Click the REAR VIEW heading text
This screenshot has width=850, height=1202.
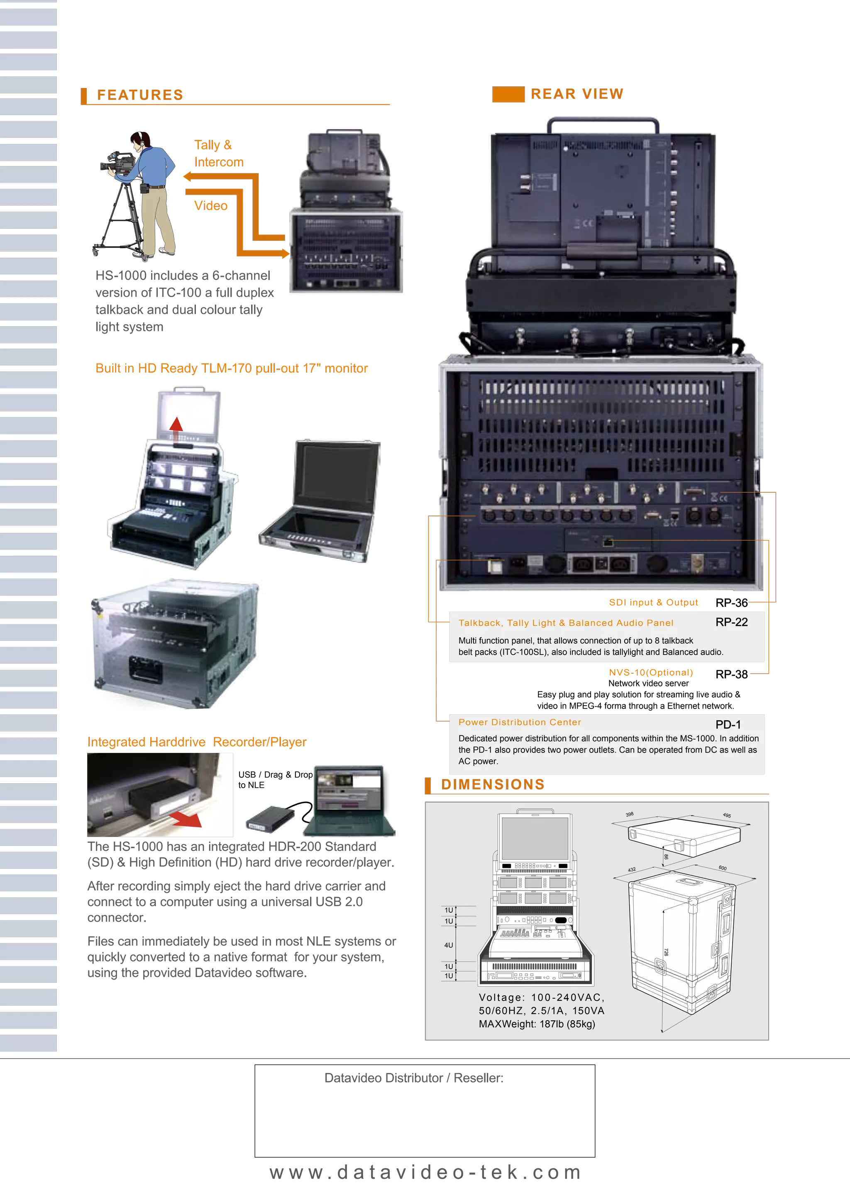click(x=577, y=94)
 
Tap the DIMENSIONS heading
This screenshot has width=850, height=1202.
click(x=493, y=784)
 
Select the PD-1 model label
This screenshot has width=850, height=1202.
click(x=728, y=725)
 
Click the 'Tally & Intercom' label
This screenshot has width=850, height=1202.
click(x=218, y=154)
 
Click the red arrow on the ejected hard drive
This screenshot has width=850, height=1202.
click(x=186, y=818)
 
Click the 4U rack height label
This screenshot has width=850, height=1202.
click(x=449, y=945)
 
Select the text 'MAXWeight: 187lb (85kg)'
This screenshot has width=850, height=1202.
click(x=537, y=1024)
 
